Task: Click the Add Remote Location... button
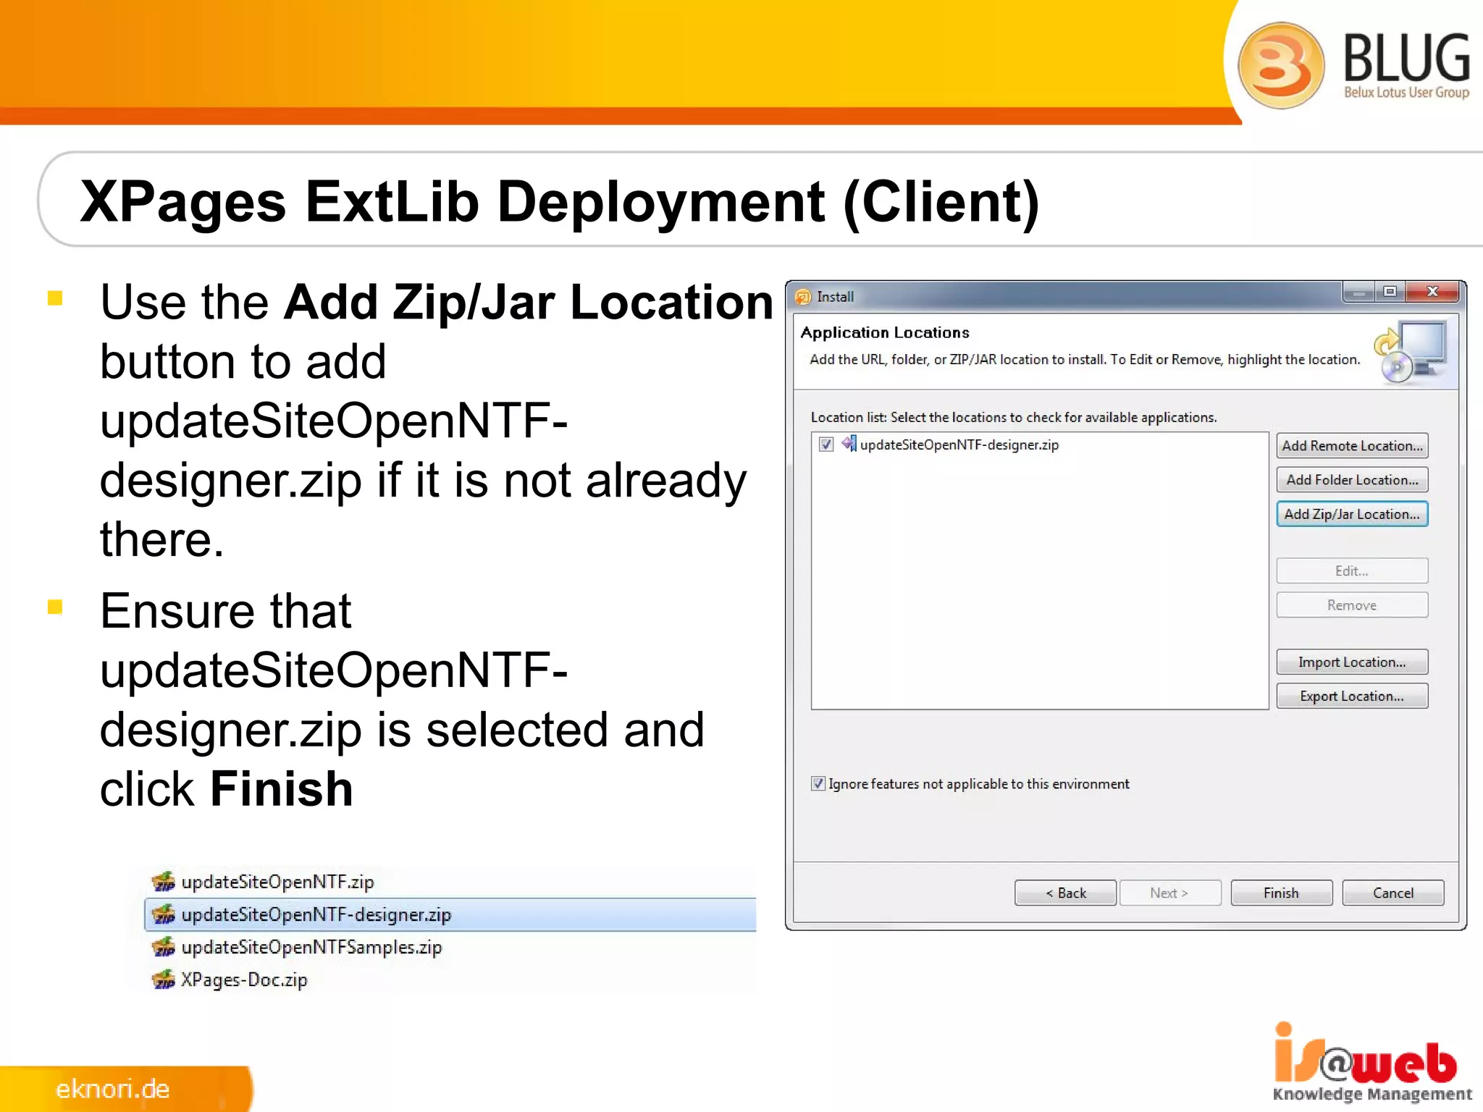1352,446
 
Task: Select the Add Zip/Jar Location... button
1352,514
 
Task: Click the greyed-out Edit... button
1352,571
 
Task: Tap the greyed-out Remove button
1352,605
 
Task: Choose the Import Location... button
1352,662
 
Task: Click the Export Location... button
1352,696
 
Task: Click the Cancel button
1392,893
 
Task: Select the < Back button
1065,893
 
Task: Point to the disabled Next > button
1169,893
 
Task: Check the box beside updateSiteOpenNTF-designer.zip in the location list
826,445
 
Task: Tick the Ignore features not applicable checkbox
818,783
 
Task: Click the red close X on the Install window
1432,292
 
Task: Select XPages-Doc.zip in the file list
244,980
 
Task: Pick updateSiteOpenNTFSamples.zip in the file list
311,948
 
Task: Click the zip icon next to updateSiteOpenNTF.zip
164,882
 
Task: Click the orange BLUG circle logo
1281,65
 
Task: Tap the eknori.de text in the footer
113,1089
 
